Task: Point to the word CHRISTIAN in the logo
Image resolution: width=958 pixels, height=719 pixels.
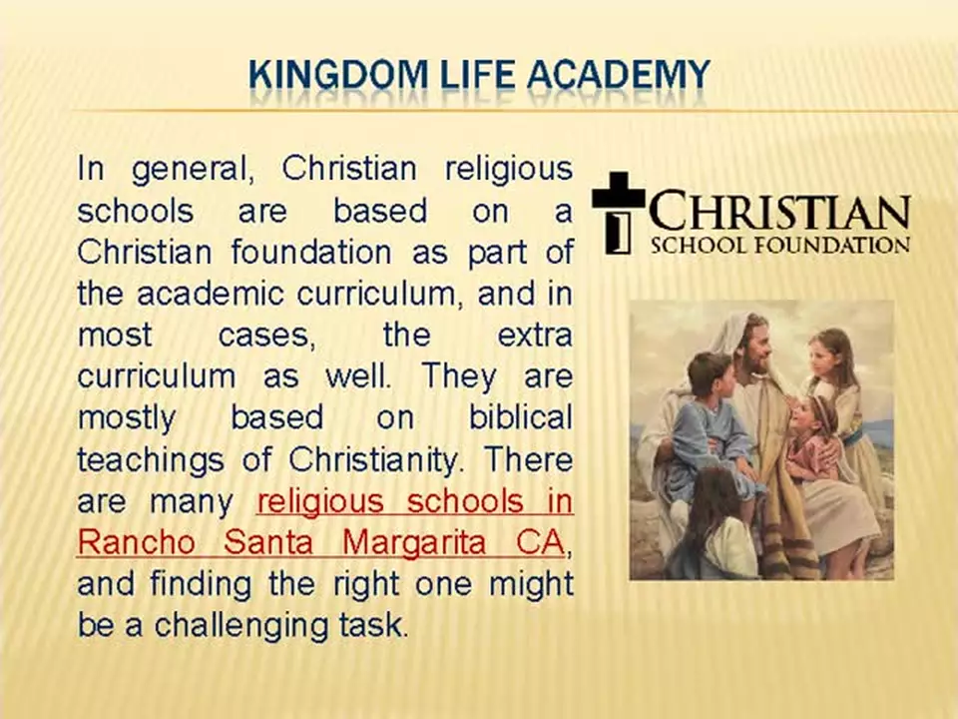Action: [x=779, y=212]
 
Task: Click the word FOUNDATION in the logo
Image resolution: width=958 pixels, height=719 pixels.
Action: [x=832, y=246]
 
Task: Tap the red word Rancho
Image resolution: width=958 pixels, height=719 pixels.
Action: [x=137, y=542]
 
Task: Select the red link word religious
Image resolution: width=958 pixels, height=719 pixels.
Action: [x=320, y=502]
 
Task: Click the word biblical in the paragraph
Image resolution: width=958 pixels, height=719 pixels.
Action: [x=521, y=417]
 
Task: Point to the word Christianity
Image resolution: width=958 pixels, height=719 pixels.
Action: [x=374, y=460]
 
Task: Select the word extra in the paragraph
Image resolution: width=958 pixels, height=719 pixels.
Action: [x=535, y=336]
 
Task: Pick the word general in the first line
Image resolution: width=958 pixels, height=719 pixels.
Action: [x=193, y=170]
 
